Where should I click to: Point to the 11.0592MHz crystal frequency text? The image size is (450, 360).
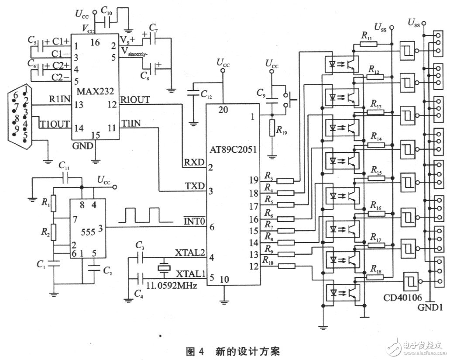click(171, 287)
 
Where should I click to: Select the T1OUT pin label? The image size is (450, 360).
click(54, 123)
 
